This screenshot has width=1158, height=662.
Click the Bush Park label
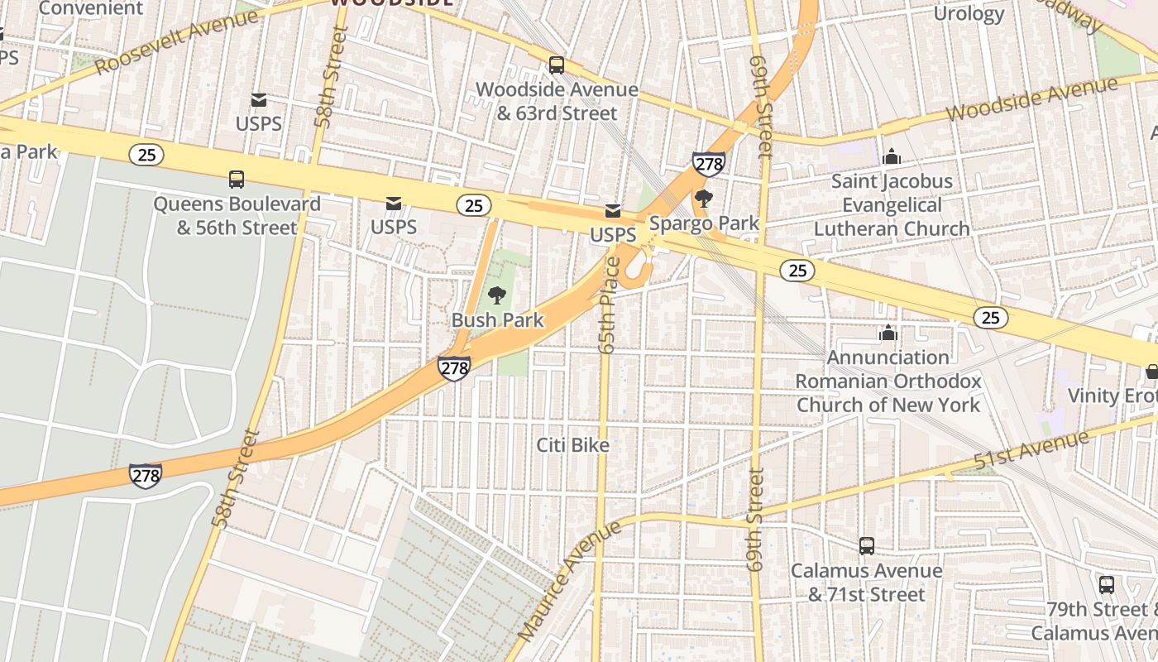[x=497, y=320]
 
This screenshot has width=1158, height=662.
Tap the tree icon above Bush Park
[x=497, y=295]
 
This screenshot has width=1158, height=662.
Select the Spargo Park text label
[x=704, y=223]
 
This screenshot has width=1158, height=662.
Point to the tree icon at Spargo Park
[x=704, y=199]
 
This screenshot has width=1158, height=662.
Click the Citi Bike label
[x=572, y=445]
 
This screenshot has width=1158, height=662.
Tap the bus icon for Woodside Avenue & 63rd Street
[x=557, y=65]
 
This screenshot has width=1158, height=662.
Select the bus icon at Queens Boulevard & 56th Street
[x=237, y=179]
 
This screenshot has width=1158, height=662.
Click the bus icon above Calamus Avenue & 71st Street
[x=866, y=546]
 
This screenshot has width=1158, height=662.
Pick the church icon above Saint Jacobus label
[x=892, y=156]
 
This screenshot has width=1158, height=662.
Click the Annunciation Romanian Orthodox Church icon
[x=888, y=333]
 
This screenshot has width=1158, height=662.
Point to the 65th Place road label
[x=610, y=306]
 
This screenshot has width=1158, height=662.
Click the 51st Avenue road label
[x=1031, y=452]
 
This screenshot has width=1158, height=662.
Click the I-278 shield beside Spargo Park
[x=709, y=164]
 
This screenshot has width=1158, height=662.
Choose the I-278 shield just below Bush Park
[x=454, y=368]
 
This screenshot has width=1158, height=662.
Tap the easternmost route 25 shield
[x=990, y=317]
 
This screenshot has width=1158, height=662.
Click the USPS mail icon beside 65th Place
[x=613, y=211]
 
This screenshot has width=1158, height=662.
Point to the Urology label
[x=969, y=14]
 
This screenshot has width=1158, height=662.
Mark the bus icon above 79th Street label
[x=1107, y=584]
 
